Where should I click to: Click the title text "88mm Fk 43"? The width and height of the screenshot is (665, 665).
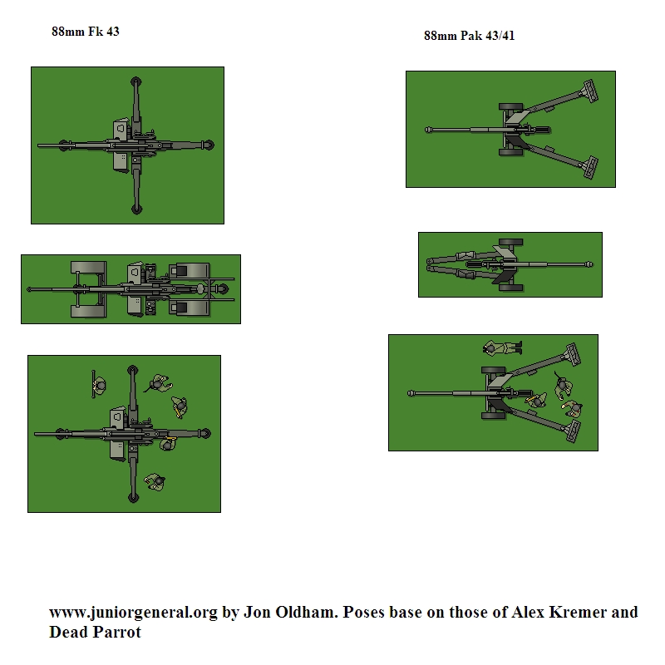point(86,32)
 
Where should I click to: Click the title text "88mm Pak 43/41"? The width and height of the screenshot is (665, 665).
point(469,36)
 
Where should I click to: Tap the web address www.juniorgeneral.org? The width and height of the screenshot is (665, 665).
point(133,613)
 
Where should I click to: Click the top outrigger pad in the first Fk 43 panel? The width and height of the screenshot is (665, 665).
point(135,81)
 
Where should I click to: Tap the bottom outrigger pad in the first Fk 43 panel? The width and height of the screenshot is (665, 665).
point(135,209)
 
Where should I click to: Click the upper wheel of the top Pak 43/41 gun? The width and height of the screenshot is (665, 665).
point(510,107)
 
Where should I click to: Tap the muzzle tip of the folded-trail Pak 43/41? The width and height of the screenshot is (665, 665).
point(589,264)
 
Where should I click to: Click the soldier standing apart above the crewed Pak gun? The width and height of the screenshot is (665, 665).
point(502,347)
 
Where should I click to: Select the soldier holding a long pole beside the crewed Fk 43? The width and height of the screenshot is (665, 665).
point(99,385)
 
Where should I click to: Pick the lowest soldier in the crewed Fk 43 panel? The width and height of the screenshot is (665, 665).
point(155,482)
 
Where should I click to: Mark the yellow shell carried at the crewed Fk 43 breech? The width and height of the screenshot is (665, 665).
point(171,438)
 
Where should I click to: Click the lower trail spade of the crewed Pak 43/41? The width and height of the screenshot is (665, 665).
point(573,431)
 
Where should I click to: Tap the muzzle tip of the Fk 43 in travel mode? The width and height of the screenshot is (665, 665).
point(29,289)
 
